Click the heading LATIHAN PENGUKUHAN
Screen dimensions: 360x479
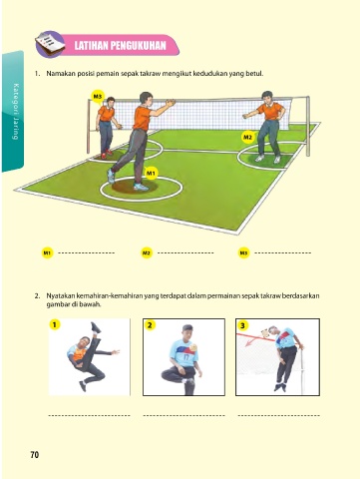point(120,45)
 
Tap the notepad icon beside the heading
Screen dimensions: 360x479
point(50,44)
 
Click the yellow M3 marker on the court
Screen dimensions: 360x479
point(97,97)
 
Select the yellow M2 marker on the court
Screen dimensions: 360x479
point(248,137)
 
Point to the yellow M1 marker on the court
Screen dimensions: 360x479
point(151,173)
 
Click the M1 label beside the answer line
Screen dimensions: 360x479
point(47,253)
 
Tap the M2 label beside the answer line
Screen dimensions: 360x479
point(147,253)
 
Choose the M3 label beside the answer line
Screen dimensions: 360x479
point(243,253)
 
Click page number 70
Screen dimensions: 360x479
point(35,455)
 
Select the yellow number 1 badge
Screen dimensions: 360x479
point(55,324)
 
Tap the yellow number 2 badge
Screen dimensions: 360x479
point(150,325)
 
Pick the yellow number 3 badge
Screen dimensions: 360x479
point(242,325)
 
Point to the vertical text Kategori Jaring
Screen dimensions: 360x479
point(16,112)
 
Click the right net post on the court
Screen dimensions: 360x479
point(308,127)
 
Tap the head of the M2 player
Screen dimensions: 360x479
point(266,96)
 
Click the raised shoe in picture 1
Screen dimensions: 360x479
point(96,327)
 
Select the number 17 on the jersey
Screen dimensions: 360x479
point(185,358)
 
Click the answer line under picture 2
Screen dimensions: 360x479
point(183,415)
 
